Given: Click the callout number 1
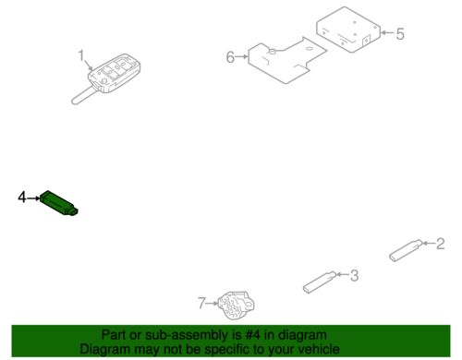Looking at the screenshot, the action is point(81,55).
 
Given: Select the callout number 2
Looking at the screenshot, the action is point(441,244).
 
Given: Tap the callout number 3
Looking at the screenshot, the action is point(354,275).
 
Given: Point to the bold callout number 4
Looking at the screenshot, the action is point(22,197).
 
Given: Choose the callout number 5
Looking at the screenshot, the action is point(400,33).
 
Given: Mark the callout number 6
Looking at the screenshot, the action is point(230,57).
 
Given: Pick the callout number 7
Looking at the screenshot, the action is point(201,303).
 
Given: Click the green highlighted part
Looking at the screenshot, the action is point(59,203).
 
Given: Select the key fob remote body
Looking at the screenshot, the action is point(115,73).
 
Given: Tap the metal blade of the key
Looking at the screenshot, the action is point(82,95).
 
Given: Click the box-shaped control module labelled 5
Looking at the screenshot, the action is point(348,30).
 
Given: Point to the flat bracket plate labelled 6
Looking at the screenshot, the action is point(287,60).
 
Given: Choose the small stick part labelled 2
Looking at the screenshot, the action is point(406,250).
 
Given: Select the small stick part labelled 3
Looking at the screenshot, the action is point(320,282).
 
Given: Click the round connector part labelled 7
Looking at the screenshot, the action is point(236,305).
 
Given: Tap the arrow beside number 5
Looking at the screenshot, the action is point(388,32).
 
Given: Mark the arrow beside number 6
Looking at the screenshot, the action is point(242,56).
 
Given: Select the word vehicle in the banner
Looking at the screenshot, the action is point(320,349).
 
